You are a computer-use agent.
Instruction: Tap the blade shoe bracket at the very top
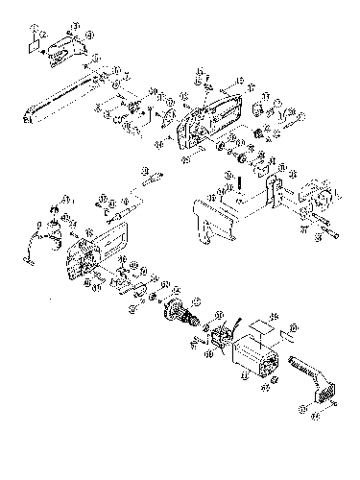[65, 45]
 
